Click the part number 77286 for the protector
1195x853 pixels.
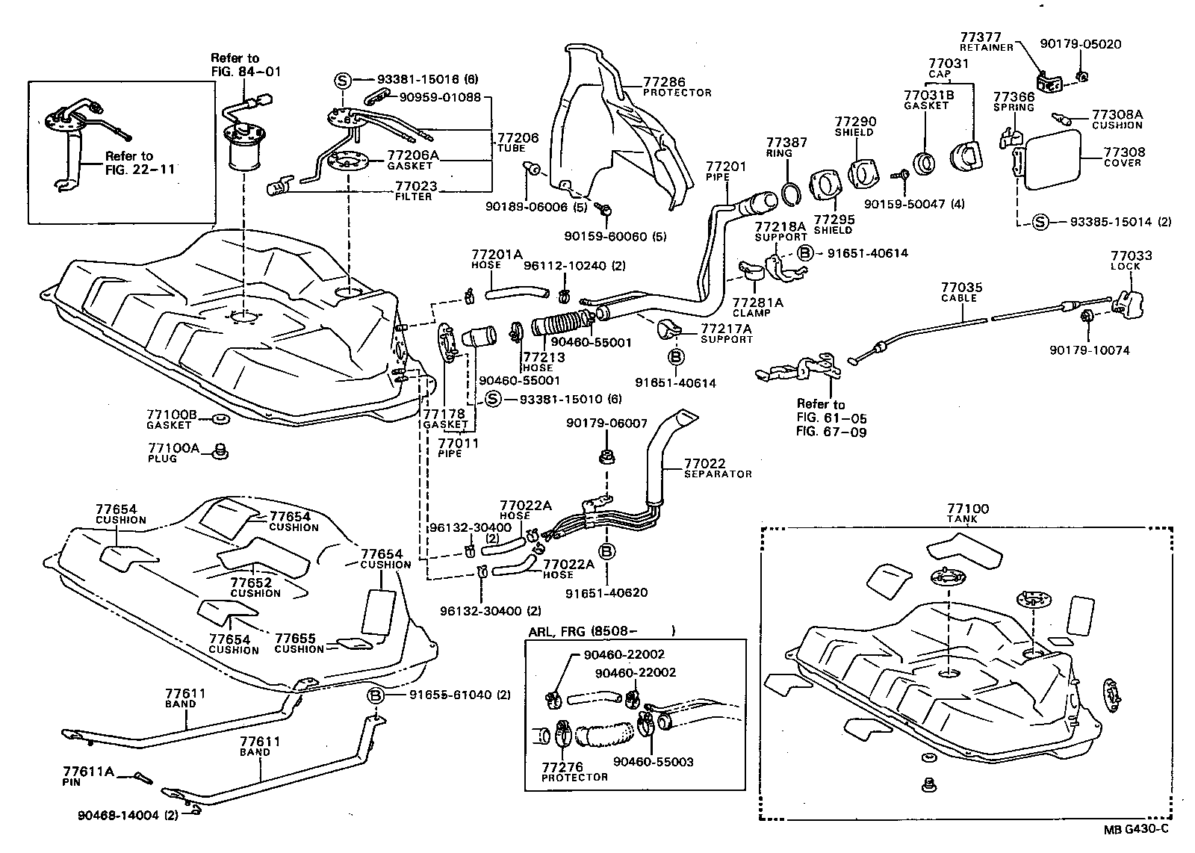[x=663, y=82]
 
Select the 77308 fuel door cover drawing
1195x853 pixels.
[x=1053, y=159]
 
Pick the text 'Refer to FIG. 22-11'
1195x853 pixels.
[x=129, y=162]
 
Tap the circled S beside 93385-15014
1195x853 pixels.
[x=1042, y=222]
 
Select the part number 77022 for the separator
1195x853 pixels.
[x=704, y=463]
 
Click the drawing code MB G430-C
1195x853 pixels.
[x=1135, y=828]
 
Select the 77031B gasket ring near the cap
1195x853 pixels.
[x=925, y=161]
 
